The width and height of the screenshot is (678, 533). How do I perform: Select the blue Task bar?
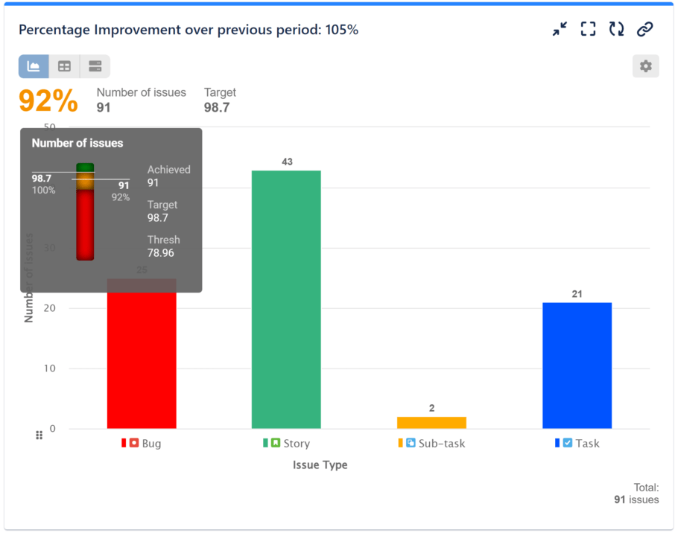pos(577,366)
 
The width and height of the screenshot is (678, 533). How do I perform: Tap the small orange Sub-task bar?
pos(431,422)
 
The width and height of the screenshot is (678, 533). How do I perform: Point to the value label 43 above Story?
pos(286,162)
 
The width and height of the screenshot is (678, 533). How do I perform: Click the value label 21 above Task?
pos(577,294)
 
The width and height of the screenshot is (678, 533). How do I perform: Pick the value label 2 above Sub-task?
pos(431,408)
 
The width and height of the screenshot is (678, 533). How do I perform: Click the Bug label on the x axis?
pos(151,444)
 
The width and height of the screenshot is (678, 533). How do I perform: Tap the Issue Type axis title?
pos(320,465)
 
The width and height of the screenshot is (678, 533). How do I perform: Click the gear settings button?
pos(645,66)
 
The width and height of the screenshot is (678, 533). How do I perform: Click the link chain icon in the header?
pos(644,29)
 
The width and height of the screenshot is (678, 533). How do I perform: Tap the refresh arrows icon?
pos(616,29)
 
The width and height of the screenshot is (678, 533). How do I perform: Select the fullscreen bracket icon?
pos(588,29)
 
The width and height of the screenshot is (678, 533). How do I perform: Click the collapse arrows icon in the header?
pos(560,29)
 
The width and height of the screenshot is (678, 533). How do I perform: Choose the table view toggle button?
pos(65,66)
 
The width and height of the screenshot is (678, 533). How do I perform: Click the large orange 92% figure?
pos(48,101)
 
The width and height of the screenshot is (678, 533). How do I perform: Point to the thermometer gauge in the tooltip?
pos(85,212)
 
